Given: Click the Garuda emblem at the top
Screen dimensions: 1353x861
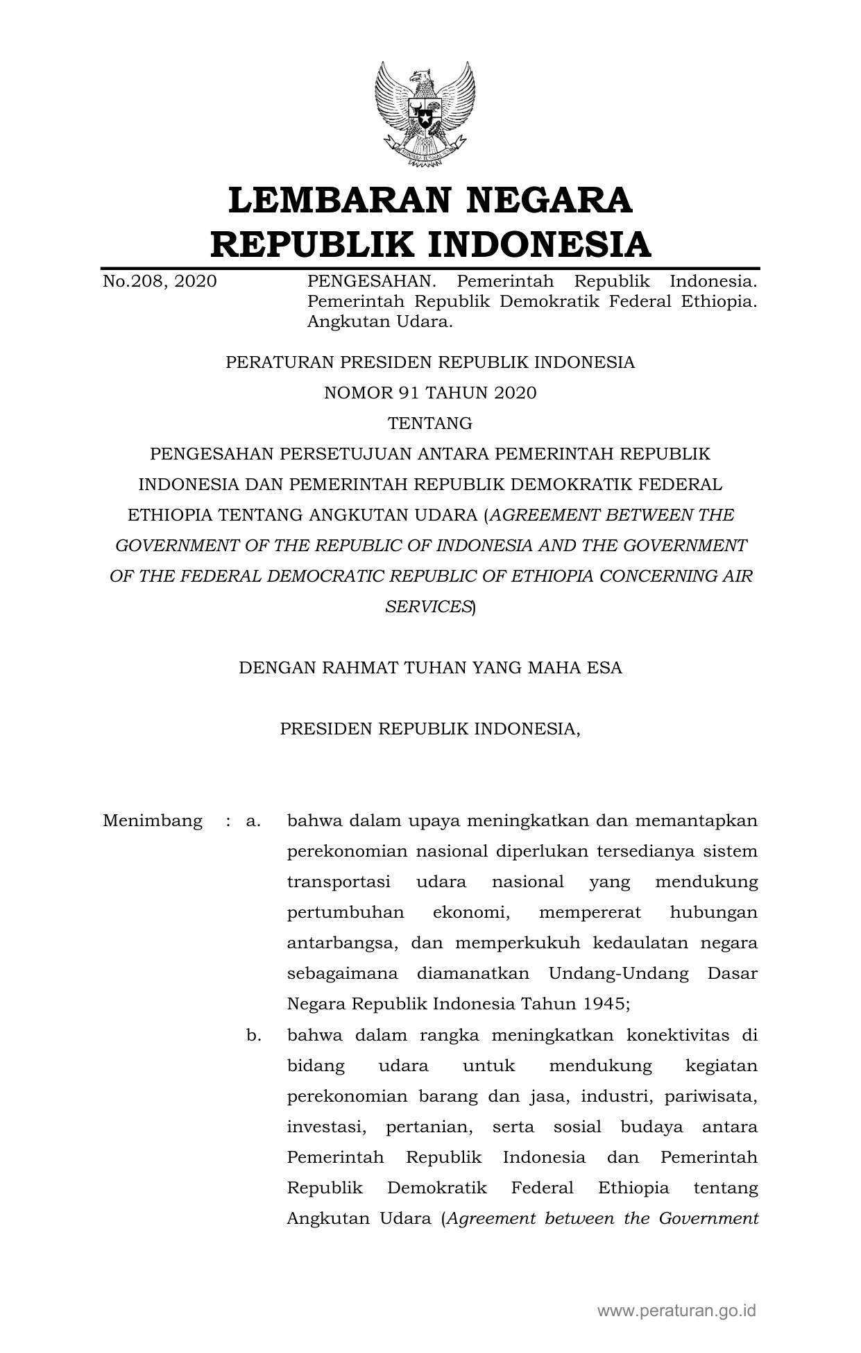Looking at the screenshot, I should pos(425,114).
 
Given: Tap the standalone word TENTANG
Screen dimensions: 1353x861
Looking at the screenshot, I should pos(430,423).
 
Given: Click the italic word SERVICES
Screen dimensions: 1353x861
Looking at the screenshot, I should pos(428,607).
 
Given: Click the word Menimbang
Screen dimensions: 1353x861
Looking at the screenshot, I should pos(153,821).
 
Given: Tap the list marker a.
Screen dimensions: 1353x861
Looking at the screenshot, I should pos(253,821).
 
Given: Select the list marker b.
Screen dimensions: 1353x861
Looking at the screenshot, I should pos(253,1036).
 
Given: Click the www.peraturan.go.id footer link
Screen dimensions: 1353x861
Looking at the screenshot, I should pos(676,1311).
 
